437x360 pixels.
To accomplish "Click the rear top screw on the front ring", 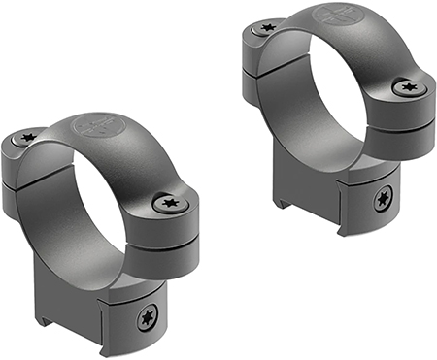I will (x=27, y=139).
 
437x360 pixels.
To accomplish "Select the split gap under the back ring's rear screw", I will (x=254, y=67).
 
